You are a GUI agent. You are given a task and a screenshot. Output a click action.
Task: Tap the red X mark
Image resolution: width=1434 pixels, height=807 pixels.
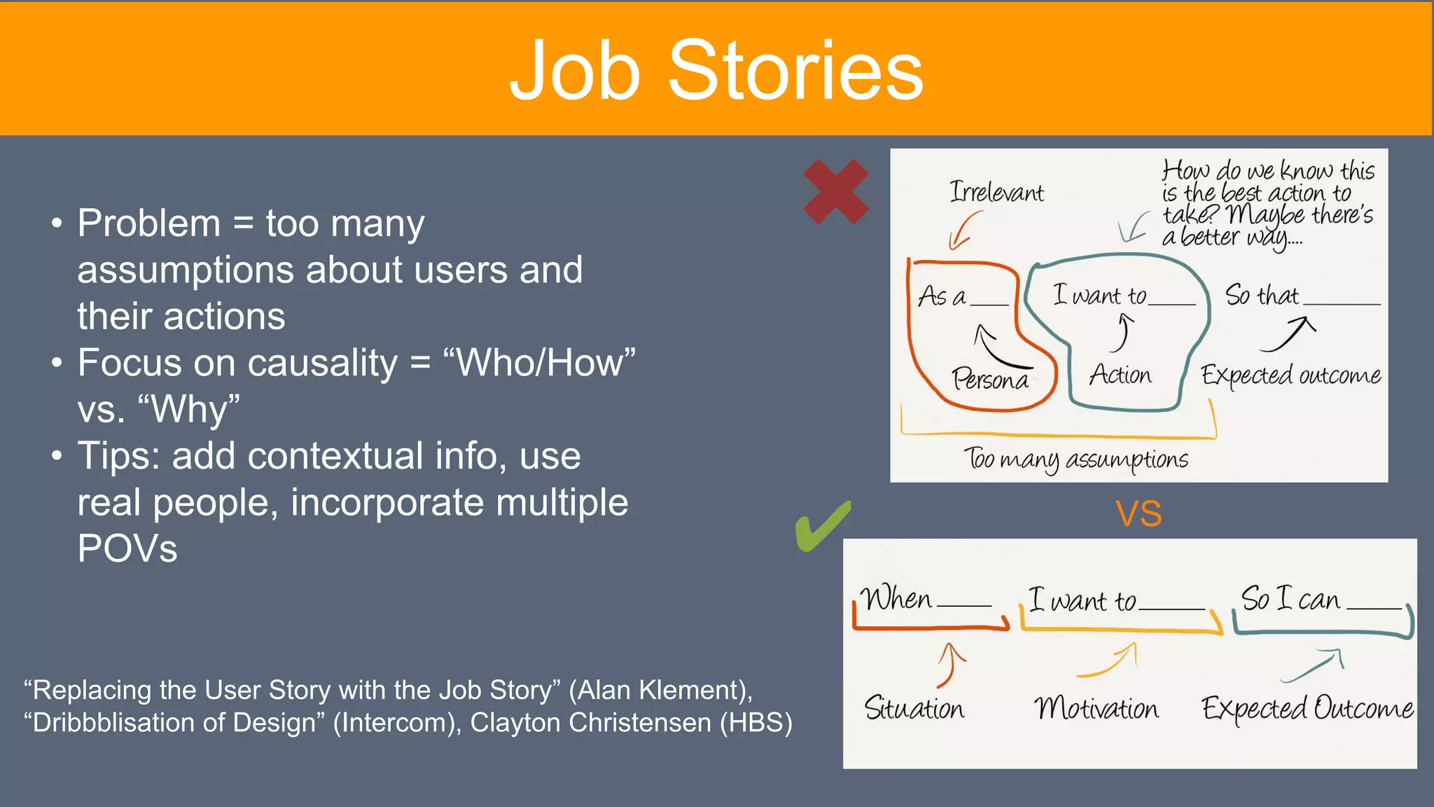[835, 191]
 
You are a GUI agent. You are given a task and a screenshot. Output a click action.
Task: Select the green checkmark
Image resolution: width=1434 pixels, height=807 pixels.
[822, 527]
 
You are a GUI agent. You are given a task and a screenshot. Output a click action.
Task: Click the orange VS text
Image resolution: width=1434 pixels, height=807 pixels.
[1139, 513]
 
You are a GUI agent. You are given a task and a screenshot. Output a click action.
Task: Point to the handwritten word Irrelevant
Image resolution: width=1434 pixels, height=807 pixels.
[996, 192]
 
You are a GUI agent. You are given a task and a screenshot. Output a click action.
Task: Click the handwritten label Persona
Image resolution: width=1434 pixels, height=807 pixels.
[990, 379]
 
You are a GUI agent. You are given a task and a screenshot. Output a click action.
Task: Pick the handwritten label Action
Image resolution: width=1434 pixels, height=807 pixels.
[1120, 375]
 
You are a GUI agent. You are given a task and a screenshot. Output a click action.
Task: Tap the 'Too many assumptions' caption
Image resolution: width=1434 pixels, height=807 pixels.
[1076, 459]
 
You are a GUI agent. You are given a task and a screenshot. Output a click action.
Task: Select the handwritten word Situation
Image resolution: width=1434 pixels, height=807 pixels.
[914, 708]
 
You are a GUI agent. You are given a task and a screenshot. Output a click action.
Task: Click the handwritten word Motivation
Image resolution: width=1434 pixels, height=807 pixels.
[1097, 708]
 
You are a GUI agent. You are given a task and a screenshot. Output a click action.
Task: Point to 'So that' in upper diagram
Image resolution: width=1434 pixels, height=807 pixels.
[1262, 295]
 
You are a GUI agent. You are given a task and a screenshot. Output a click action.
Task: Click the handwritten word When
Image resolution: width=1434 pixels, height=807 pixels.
[896, 599]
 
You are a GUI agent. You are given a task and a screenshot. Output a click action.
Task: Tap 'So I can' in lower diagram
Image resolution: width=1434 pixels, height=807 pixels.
[1290, 599]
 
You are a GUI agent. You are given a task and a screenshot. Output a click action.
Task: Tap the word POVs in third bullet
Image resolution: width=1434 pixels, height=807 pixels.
[127, 549]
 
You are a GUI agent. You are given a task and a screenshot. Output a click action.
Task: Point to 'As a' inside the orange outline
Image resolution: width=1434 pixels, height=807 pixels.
[942, 296]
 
